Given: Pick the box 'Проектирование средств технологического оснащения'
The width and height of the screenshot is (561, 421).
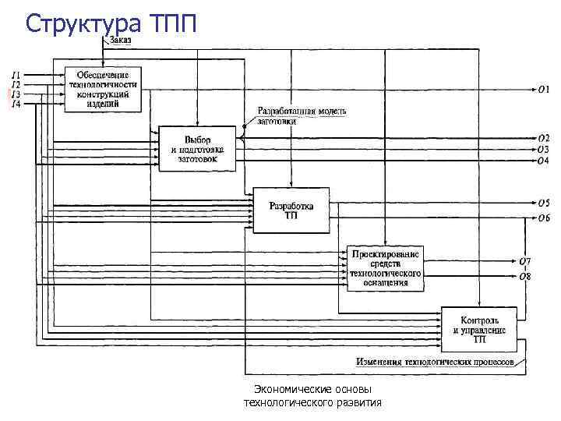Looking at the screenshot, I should [x=385, y=268].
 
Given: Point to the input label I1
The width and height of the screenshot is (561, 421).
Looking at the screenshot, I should [x=16, y=75].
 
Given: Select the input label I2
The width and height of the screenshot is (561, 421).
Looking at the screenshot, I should [x=16, y=84].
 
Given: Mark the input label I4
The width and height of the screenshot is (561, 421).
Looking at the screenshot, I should [x=16, y=104].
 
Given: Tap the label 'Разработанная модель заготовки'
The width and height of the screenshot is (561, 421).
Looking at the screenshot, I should [x=302, y=115].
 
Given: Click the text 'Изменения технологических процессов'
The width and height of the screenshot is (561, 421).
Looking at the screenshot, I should [x=435, y=362].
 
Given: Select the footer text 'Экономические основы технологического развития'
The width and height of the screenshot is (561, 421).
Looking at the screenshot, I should [x=312, y=396].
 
